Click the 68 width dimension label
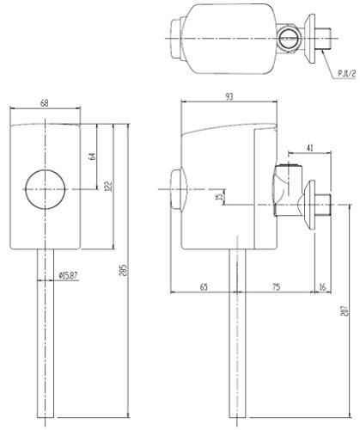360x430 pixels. (45, 103)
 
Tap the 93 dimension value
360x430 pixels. (229, 96)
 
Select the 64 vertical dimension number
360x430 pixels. (92, 157)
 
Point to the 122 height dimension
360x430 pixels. (109, 186)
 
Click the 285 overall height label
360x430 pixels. (123, 270)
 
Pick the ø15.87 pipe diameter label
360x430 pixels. (68, 276)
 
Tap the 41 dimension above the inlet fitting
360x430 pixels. (310, 148)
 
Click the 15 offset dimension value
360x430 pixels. (220, 197)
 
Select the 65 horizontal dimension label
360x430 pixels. (204, 287)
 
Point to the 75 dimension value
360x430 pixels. (276, 287)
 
